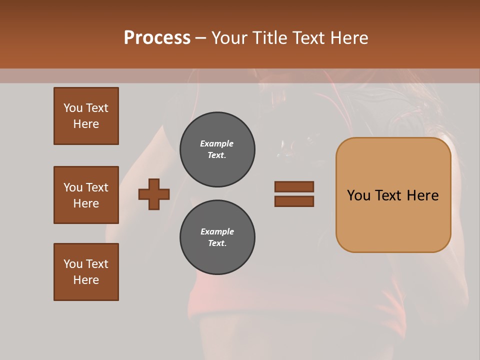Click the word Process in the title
[x=157, y=38]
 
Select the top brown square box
[x=86, y=116]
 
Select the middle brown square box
[x=86, y=195]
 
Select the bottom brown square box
[x=86, y=272]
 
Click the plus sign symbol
[x=154, y=194]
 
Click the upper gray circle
[x=217, y=149]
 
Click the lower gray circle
[x=217, y=237]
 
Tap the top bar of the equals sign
[x=294, y=186]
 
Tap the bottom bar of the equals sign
[x=294, y=201]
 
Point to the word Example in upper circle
[x=217, y=144]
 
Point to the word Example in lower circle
[x=217, y=232]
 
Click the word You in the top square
[x=72, y=108]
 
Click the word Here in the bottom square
[x=86, y=280]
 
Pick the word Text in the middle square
[x=96, y=187]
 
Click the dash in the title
[x=200, y=38]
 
